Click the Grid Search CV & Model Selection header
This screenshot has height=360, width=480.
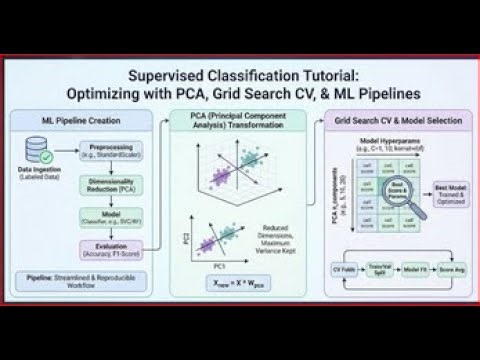click(x=397, y=120)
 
